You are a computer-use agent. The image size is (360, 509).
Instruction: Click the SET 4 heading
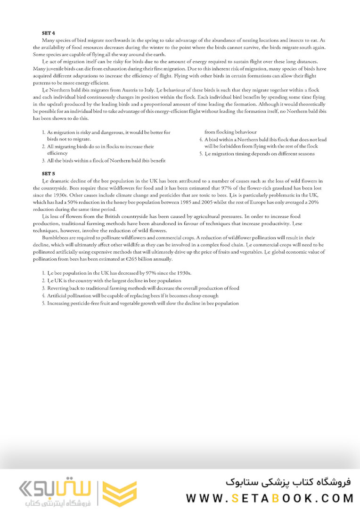[x=49, y=33]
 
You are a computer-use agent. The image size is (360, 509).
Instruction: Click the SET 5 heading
[x=49, y=174]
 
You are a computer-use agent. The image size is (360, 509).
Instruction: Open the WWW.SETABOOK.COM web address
[x=270, y=498]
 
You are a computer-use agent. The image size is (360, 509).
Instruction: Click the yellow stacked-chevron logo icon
[x=120, y=493]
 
